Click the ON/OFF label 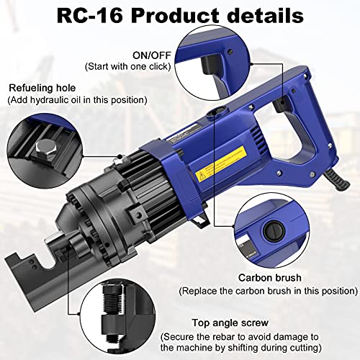151,54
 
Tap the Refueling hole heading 43,88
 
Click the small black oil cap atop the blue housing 214,114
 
